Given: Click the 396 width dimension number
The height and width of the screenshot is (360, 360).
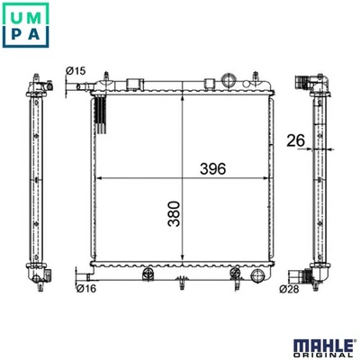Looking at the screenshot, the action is coord(212,169).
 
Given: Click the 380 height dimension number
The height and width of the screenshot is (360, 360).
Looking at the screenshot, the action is coord(174,214).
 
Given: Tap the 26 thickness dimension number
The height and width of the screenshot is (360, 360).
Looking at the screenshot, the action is coord(295,140).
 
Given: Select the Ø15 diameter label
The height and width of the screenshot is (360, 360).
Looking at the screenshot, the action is coord(76,71).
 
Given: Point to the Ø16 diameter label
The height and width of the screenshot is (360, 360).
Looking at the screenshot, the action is coord(86,289).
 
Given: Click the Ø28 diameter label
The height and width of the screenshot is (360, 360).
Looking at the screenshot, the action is coord(289,289).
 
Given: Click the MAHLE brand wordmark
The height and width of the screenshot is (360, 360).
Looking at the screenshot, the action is coord(323,346).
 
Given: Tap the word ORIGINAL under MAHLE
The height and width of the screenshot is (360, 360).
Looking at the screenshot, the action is coord(323,355).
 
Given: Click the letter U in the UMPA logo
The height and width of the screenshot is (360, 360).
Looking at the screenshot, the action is coord(15,17).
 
